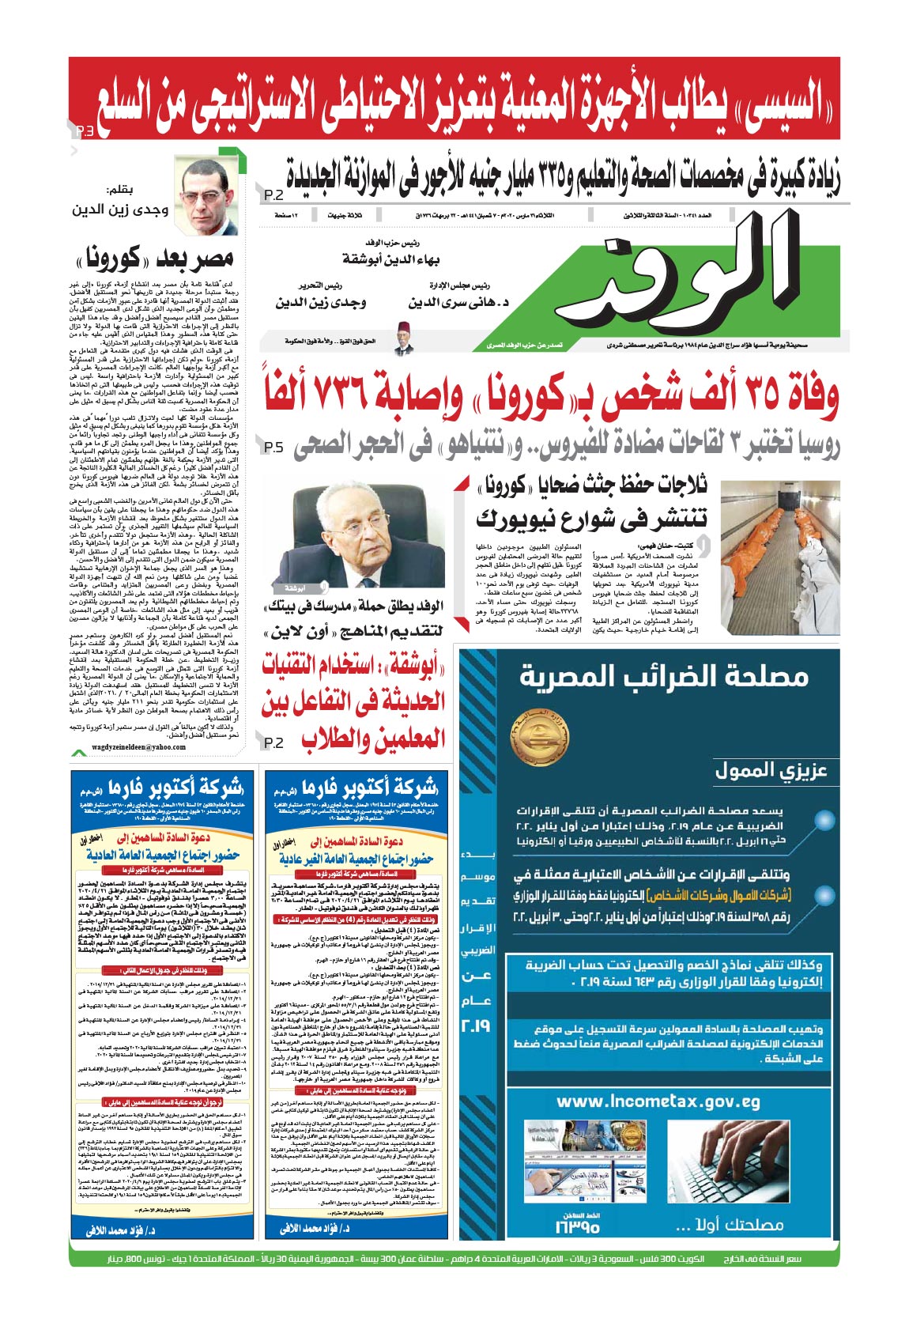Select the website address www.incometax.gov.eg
(x=658, y=1101)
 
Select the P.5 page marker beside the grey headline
(x=273, y=448)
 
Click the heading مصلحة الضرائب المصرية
(x=664, y=676)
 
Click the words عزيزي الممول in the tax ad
(x=771, y=770)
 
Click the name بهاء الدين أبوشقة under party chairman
(x=390, y=259)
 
